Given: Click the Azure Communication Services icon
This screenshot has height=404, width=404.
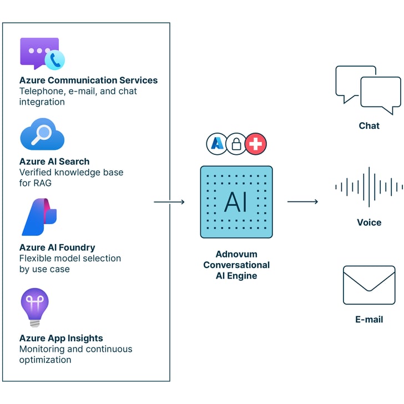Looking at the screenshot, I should [x=41, y=54].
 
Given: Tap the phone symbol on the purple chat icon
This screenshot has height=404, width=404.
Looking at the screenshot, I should [x=55, y=60].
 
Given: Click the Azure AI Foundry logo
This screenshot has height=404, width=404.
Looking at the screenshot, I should [x=39, y=217].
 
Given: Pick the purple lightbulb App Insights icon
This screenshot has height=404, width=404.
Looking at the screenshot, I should [x=34, y=307].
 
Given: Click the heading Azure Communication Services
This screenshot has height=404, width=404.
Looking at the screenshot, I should [x=88, y=80].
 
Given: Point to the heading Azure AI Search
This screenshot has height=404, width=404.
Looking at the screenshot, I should [x=54, y=161].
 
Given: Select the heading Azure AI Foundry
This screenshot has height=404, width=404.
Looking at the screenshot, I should [x=57, y=248].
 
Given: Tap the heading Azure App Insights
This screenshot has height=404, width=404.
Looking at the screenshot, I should [x=61, y=338].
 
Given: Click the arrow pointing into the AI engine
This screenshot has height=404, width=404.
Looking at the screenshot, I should [x=169, y=202].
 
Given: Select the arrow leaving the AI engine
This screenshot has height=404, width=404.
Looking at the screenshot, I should [x=302, y=202].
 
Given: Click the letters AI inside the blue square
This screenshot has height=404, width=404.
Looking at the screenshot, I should [x=236, y=203].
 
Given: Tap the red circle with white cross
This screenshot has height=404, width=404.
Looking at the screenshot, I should [x=256, y=144].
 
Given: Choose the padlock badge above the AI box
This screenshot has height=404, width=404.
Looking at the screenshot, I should [x=236, y=144].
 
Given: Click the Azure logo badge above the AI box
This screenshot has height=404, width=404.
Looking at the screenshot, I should [x=217, y=144].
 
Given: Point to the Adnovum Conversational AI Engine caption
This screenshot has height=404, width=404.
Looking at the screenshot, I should [x=236, y=265].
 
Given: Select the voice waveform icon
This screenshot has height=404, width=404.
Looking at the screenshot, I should [x=369, y=188].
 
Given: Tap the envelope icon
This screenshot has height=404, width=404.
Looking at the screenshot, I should [x=369, y=285].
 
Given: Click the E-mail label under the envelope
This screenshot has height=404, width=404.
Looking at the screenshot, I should [x=369, y=320].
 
